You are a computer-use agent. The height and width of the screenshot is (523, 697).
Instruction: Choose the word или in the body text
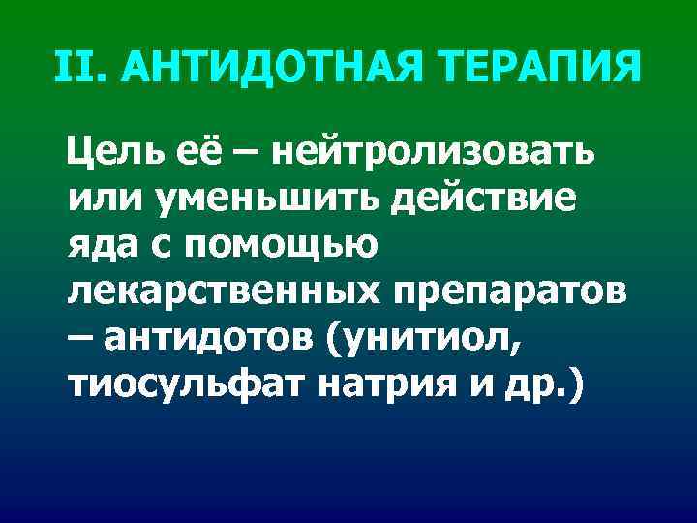pyautogui.click(x=98, y=200)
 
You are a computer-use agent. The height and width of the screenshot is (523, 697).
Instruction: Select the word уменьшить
pyautogui.click(x=255, y=200)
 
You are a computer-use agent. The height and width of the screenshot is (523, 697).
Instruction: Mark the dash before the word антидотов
pyautogui.click(x=81, y=343)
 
